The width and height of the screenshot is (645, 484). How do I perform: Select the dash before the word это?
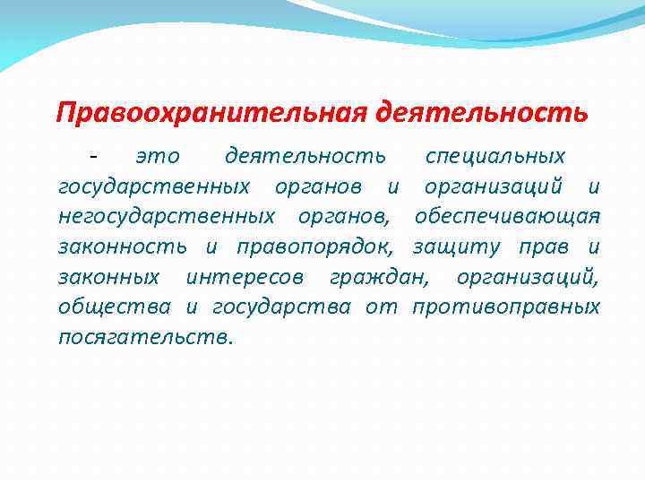(x=93, y=157)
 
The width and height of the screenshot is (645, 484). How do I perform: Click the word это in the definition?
(x=158, y=157)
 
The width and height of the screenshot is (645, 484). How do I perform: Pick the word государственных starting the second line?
(x=154, y=187)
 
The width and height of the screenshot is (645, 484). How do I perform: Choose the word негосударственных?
(x=168, y=217)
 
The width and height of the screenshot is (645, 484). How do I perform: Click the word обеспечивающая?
(x=507, y=217)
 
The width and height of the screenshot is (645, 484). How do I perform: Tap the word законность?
(x=123, y=246)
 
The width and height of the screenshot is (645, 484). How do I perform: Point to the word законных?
(x=109, y=277)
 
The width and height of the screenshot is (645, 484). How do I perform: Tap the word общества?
(x=115, y=307)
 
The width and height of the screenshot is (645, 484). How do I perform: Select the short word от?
(x=382, y=307)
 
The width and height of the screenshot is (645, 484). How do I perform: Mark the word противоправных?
(x=506, y=307)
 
